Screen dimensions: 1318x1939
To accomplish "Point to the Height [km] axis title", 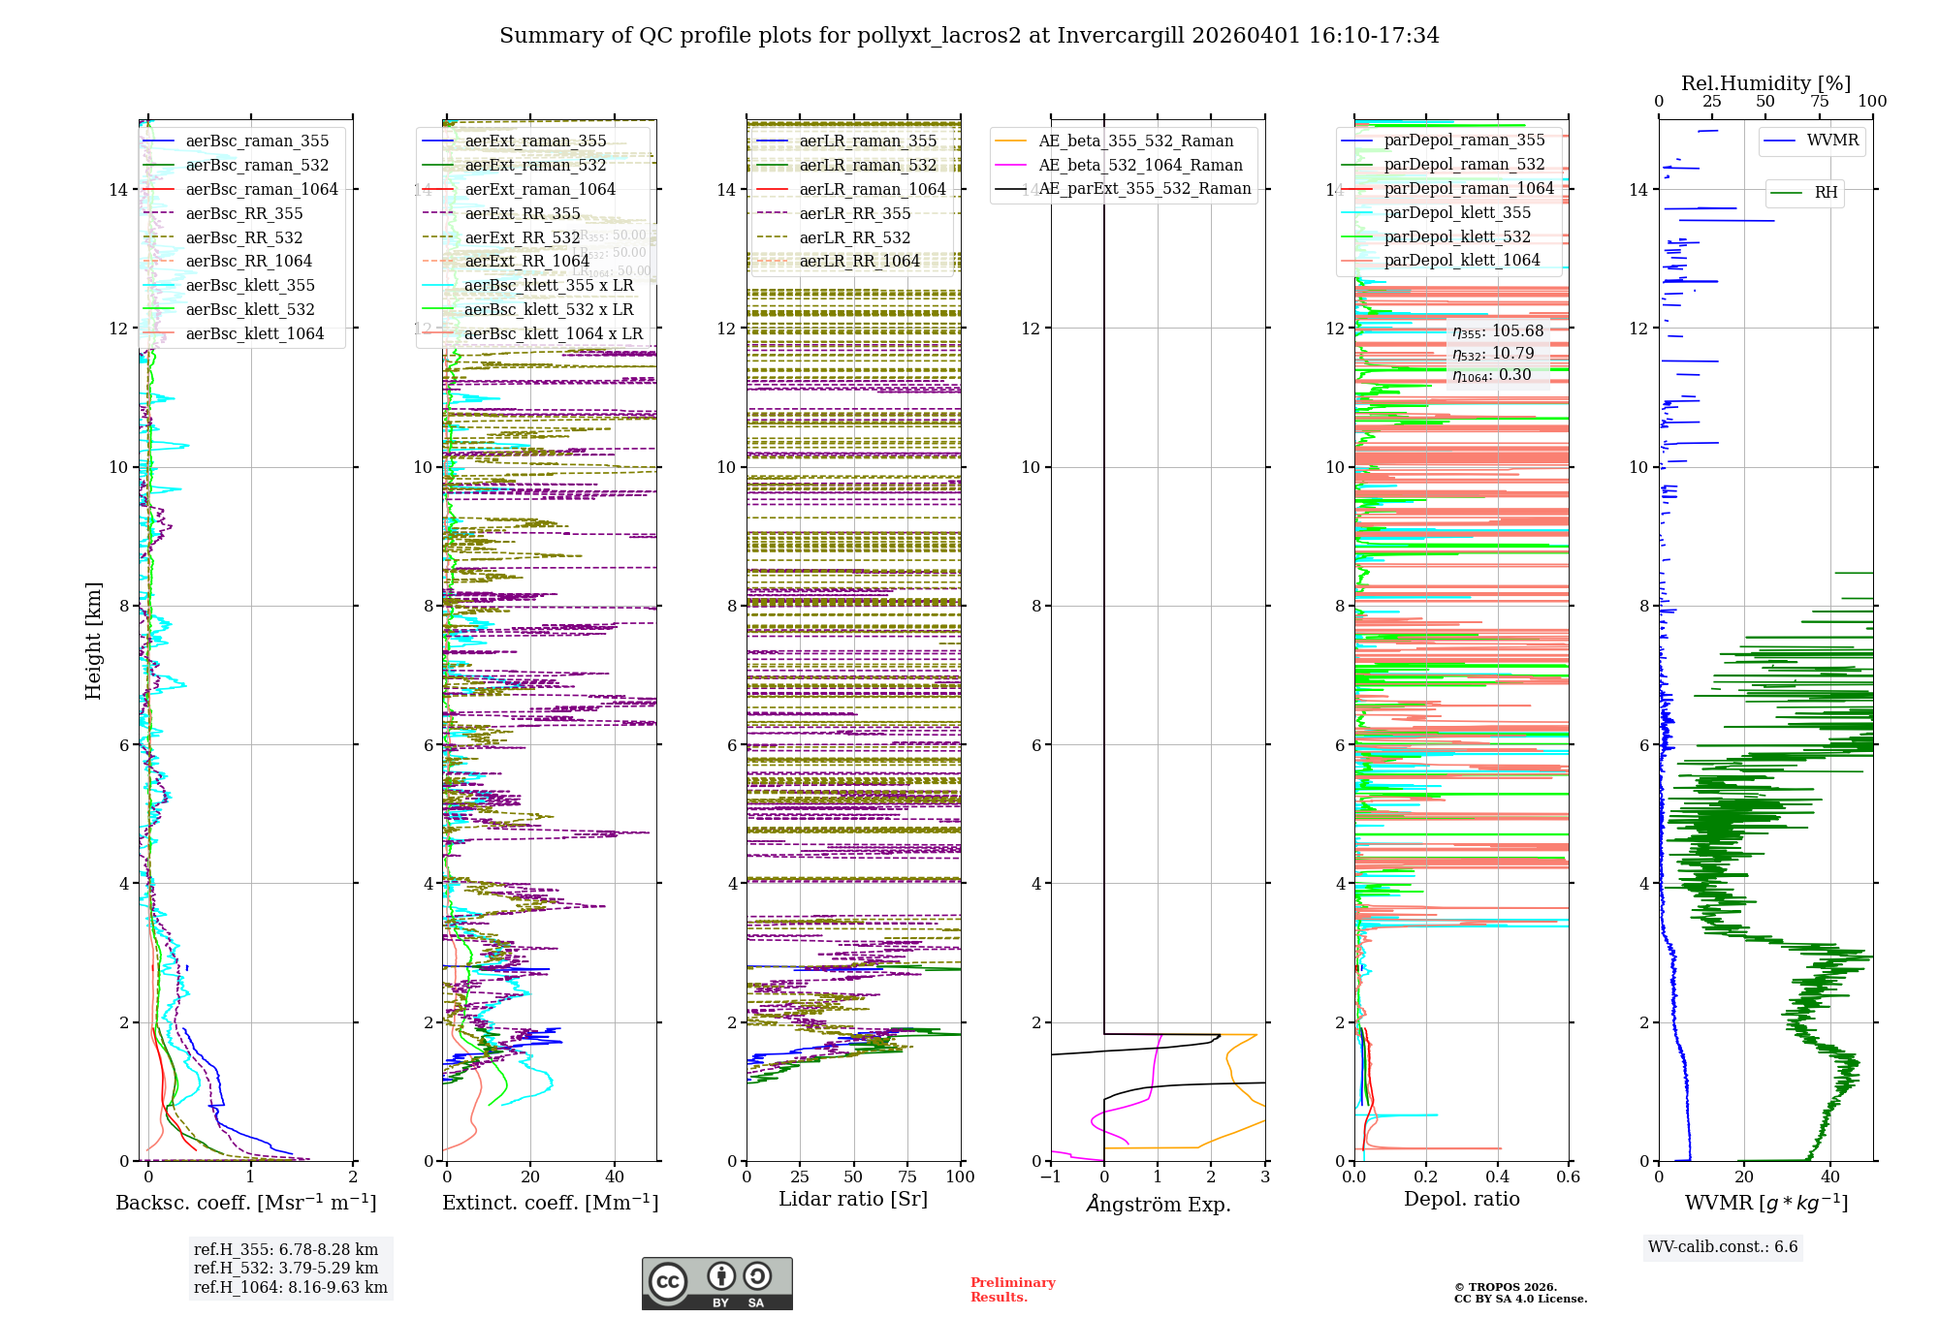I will (x=93, y=640).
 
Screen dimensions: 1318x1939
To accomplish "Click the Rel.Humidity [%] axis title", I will (x=1765, y=83).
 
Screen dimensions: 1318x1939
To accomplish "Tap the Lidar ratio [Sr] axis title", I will (x=853, y=1199).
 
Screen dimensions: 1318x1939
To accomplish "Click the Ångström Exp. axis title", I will (x=1159, y=1204).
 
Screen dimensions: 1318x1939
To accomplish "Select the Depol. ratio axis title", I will (x=1461, y=1199).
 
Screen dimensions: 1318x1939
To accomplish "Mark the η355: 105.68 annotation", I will (x=1497, y=331).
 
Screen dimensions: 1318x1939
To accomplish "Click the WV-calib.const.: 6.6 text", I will (x=1723, y=1246).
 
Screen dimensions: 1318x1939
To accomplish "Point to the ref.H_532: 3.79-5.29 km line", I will (x=286, y=1268).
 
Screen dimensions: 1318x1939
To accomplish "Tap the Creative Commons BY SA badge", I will (x=716, y=1283).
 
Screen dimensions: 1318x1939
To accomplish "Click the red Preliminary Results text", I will (x=1012, y=1289).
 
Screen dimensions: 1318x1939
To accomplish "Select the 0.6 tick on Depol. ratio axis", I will (x=1568, y=1177).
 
